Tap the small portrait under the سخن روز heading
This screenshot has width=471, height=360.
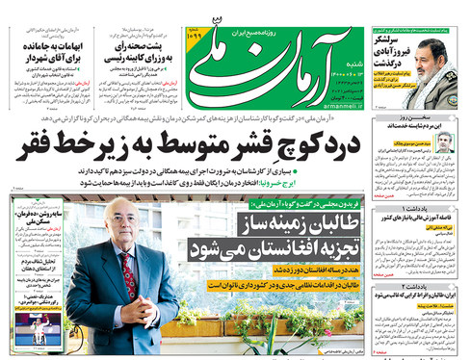pos(444,141)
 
